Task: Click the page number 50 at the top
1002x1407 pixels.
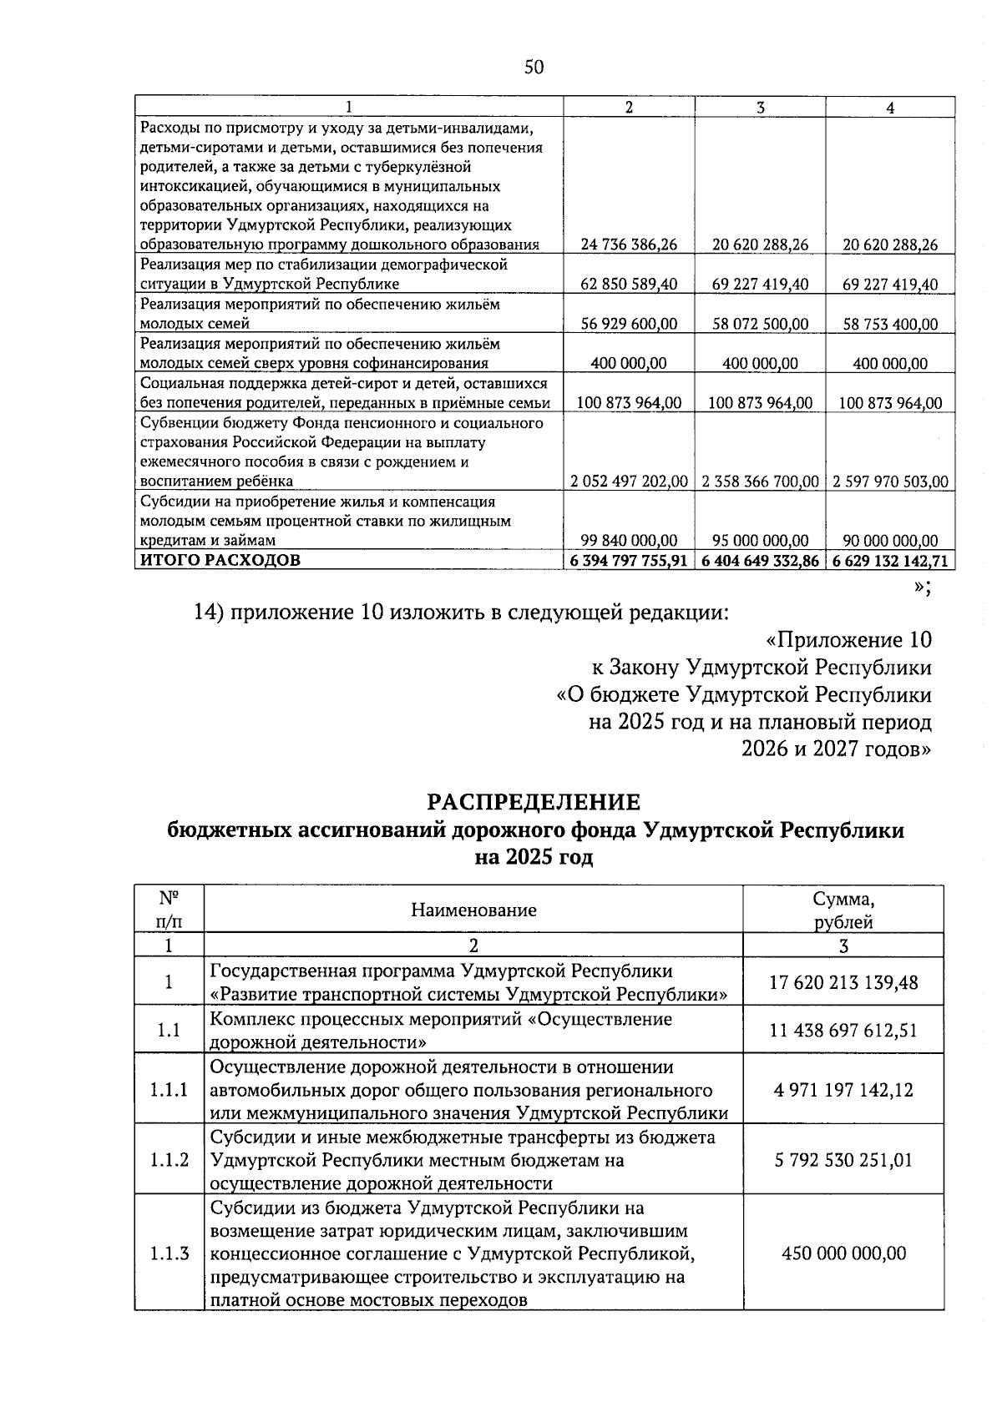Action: (x=534, y=68)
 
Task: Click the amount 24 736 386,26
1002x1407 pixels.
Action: (x=629, y=245)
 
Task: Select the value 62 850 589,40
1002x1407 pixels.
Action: (x=629, y=285)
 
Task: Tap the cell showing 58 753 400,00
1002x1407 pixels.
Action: (x=890, y=324)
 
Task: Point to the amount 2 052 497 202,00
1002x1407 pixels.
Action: (x=629, y=482)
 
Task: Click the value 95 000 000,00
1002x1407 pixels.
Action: (x=760, y=541)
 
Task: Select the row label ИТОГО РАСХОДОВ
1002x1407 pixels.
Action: (x=220, y=560)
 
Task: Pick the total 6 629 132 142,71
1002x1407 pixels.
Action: (x=890, y=560)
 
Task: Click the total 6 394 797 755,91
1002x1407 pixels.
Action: (x=629, y=560)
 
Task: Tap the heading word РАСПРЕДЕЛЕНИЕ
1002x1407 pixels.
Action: (x=534, y=802)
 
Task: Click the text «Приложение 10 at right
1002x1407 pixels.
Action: (x=848, y=640)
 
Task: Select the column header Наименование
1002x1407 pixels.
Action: (x=473, y=910)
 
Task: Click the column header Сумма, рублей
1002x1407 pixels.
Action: (x=843, y=910)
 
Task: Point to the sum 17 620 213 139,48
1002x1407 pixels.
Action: (x=843, y=982)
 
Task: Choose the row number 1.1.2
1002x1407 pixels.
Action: (x=169, y=1160)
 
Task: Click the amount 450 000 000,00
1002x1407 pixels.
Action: (x=843, y=1253)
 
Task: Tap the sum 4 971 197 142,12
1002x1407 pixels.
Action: (x=843, y=1089)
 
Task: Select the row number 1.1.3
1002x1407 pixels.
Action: (x=169, y=1253)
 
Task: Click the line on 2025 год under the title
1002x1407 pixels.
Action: (x=534, y=858)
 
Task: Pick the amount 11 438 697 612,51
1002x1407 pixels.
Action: (x=843, y=1030)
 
